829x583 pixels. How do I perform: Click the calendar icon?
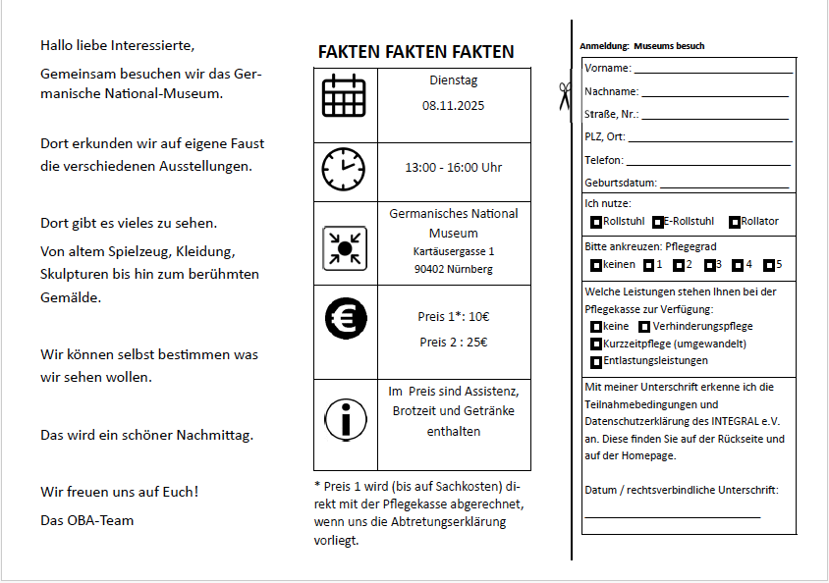coord(344,96)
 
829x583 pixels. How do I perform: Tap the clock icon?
coord(344,169)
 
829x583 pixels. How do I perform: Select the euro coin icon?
coord(345,317)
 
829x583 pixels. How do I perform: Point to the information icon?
coord(345,419)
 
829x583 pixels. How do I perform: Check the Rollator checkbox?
coord(735,222)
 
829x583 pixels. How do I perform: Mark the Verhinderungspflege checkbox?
coord(644,327)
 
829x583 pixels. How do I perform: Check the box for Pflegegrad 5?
coord(767,265)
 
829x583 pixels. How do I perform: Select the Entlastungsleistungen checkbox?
coord(596,362)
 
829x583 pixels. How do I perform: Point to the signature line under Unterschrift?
coord(673,516)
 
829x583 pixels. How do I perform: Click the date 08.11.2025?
coord(454,105)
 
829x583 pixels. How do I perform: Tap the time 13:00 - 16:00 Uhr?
coord(454,168)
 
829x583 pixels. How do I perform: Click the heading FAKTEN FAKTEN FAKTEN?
coord(415,52)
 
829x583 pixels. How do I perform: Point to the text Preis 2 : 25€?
coord(454,343)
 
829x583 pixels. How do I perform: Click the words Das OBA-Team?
coord(87,520)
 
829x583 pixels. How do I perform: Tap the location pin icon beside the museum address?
coord(345,247)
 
